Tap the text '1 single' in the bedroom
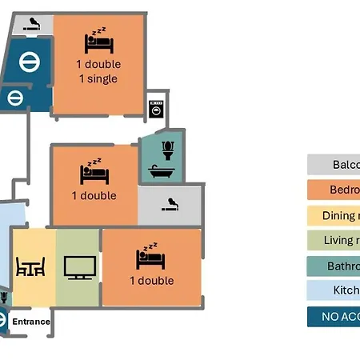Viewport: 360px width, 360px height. (98, 78)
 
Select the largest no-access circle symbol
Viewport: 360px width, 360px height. (29, 61)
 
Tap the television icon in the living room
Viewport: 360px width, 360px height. (79, 266)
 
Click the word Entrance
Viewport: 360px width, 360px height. (30, 322)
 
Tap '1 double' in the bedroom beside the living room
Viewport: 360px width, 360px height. (151, 281)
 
